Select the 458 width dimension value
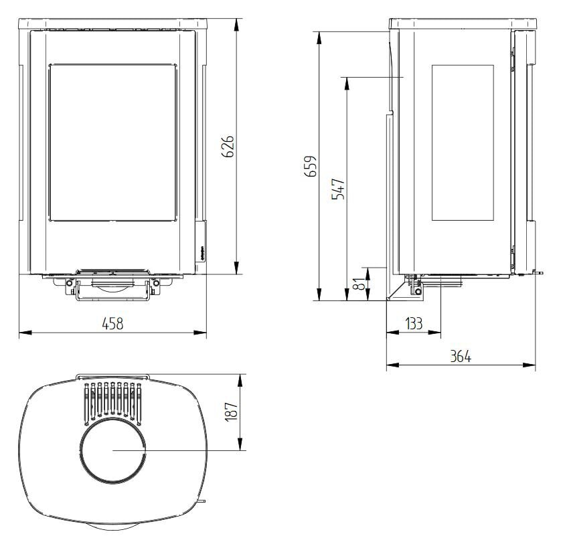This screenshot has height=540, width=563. (112, 323)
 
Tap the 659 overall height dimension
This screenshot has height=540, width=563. (309, 166)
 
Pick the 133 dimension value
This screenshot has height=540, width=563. (414, 323)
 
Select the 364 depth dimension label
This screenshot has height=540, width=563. (460, 357)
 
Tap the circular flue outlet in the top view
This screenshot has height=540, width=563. (113, 452)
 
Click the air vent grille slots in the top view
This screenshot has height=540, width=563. (112, 401)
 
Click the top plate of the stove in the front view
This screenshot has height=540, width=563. (112, 24)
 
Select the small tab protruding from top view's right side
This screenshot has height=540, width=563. (202, 500)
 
